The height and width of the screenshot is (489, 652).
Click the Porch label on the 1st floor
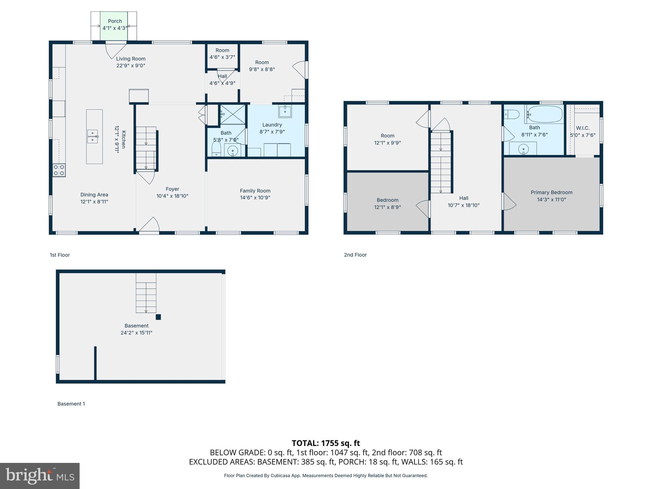(115, 21)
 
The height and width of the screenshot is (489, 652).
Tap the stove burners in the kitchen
(59, 170)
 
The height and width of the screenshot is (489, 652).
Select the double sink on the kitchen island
(93, 136)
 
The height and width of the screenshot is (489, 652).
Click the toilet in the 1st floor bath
(216, 149)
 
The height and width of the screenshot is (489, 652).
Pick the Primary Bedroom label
(551, 193)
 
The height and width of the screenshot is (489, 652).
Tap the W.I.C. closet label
(583, 128)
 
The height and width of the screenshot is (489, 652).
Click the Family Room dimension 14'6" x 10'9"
(255, 198)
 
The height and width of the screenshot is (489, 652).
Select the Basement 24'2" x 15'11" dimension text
(136, 333)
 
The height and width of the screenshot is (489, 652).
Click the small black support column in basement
(158, 317)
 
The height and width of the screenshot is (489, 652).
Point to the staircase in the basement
(146, 293)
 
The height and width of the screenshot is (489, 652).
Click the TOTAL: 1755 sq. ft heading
(326, 443)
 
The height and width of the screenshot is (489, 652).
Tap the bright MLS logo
(40, 476)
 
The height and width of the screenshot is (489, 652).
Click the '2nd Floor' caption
(355, 255)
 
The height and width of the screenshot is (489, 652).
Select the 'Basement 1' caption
(71, 404)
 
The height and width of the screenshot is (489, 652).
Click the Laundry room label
(272, 125)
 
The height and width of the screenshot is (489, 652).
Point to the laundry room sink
(285, 111)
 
